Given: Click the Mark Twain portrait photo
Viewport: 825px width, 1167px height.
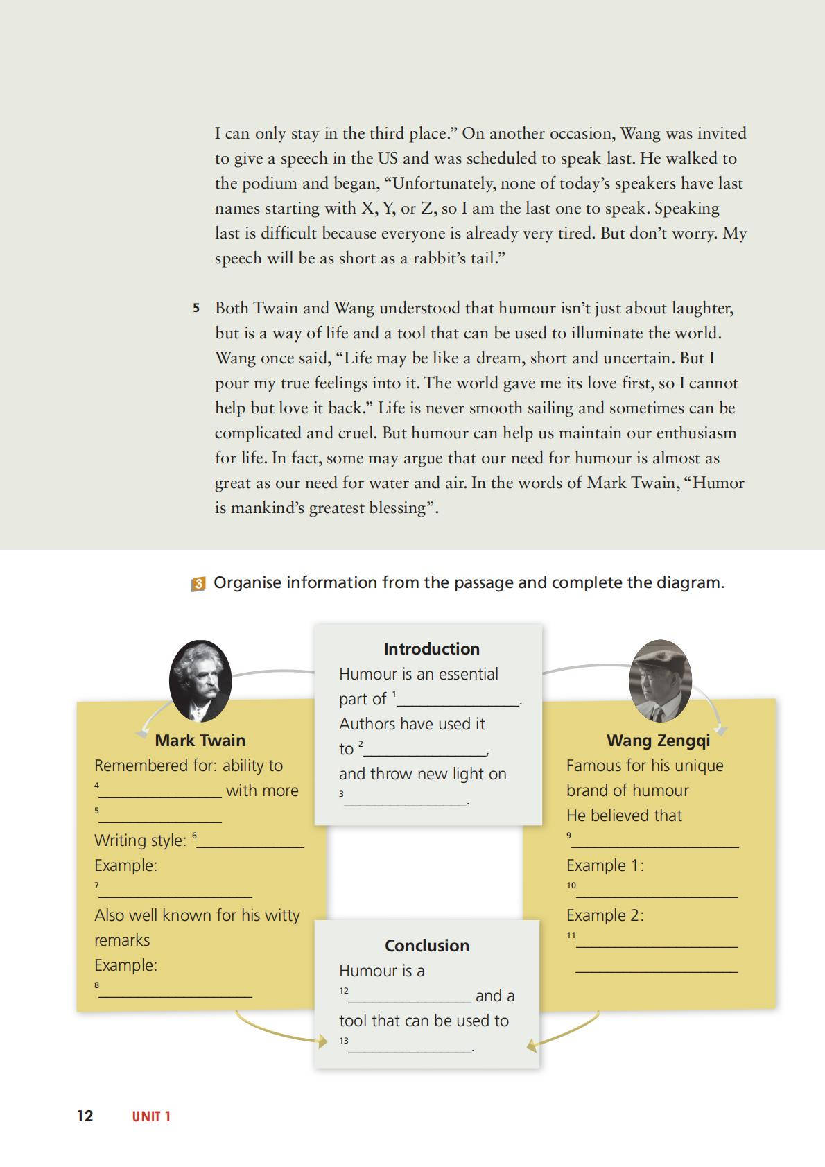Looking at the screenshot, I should (200, 681).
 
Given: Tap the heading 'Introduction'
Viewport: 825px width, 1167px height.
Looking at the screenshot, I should (431, 649).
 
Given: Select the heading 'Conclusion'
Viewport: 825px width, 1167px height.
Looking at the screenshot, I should (427, 946).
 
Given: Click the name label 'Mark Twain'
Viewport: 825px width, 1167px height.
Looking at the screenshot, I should (200, 741).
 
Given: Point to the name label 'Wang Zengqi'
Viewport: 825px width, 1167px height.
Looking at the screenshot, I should (658, 741).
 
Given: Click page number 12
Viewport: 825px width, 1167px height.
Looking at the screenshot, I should (85, 1116).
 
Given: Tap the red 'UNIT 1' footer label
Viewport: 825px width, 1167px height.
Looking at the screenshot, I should (151, 1116).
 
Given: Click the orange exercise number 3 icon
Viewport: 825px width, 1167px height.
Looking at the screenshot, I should (198, 584).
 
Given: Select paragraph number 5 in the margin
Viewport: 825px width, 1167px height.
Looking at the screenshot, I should (196, 308).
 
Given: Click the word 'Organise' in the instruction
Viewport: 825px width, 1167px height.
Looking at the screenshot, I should (247, 582).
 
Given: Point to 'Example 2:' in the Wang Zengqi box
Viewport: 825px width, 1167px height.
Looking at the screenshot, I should (605, 915).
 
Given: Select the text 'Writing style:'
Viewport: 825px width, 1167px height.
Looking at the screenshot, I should (140, 840).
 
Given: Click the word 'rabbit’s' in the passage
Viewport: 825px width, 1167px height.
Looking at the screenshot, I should (442, 259).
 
